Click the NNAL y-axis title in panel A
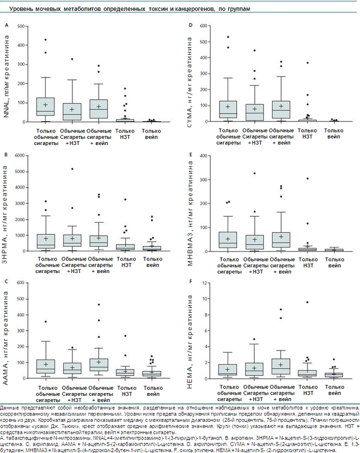tap(7, 79)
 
